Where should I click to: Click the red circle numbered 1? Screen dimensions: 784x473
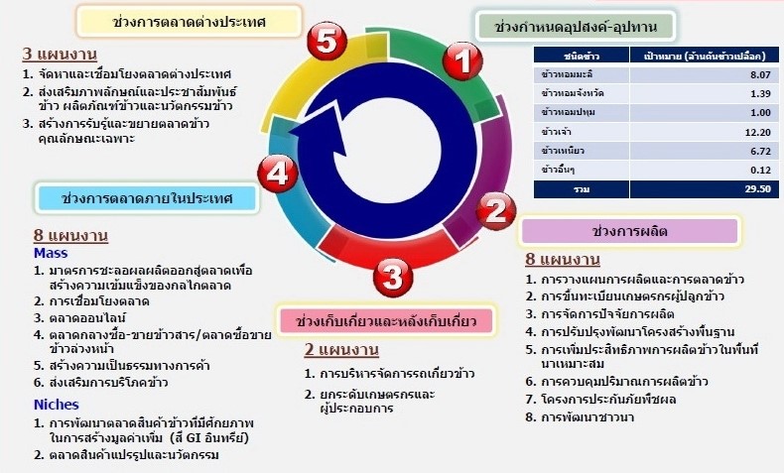click(x=463, y=60)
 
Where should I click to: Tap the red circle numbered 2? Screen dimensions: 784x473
click(x=495, y=211)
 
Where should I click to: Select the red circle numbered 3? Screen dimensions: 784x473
click(x=393, y=277)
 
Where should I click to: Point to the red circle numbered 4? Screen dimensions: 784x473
click(x=278, y=174)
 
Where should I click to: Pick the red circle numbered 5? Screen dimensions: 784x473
click(x=327, y=41)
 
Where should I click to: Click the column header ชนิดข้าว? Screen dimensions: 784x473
click(x=581, y=56)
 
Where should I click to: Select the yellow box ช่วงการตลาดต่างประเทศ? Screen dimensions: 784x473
click(x=189, y=22)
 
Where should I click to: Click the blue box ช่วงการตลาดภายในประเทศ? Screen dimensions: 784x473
click(x=147, y=197)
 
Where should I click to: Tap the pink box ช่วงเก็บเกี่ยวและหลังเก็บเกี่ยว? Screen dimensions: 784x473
click(x=386, y=320)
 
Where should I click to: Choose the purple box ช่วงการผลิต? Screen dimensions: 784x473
click(x=629, y=231)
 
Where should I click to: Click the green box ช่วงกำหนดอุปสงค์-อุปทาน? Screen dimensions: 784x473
click(x=576, y=27)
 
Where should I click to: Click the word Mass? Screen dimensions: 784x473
click(x=51, y=253)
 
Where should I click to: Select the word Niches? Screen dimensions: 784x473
click(x=57, y=404)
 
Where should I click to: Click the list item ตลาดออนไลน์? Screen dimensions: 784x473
click(x=87, y=317)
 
